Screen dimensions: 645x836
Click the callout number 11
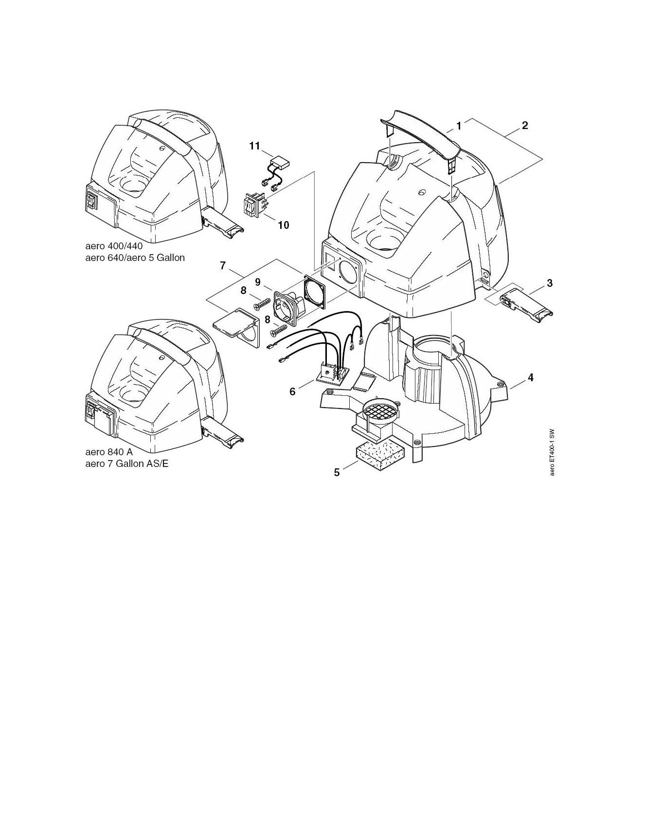[255, 146]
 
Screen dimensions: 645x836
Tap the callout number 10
[283, 225]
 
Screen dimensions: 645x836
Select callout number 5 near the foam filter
[337, 473]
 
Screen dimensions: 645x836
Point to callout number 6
[292, 391]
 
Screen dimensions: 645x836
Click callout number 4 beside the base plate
[531, 377]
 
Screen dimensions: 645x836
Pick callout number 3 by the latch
[549, 283]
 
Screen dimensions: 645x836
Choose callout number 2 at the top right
[525, 125]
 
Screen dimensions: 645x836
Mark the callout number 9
[257, 282]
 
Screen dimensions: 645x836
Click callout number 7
[223, 265]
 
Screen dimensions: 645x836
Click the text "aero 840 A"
[109, 452]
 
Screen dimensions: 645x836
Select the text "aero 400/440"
[114, 246]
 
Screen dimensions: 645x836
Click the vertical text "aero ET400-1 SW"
[552, 453]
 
